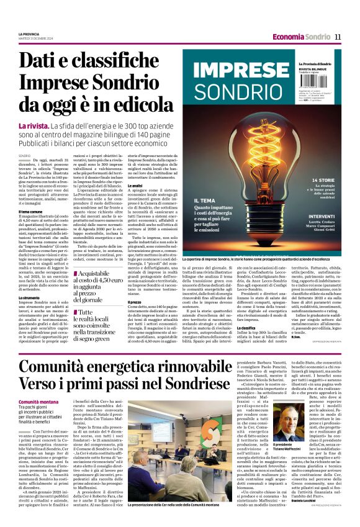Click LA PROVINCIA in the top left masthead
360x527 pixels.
[29, 34]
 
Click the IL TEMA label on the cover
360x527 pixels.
[204, 200]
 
